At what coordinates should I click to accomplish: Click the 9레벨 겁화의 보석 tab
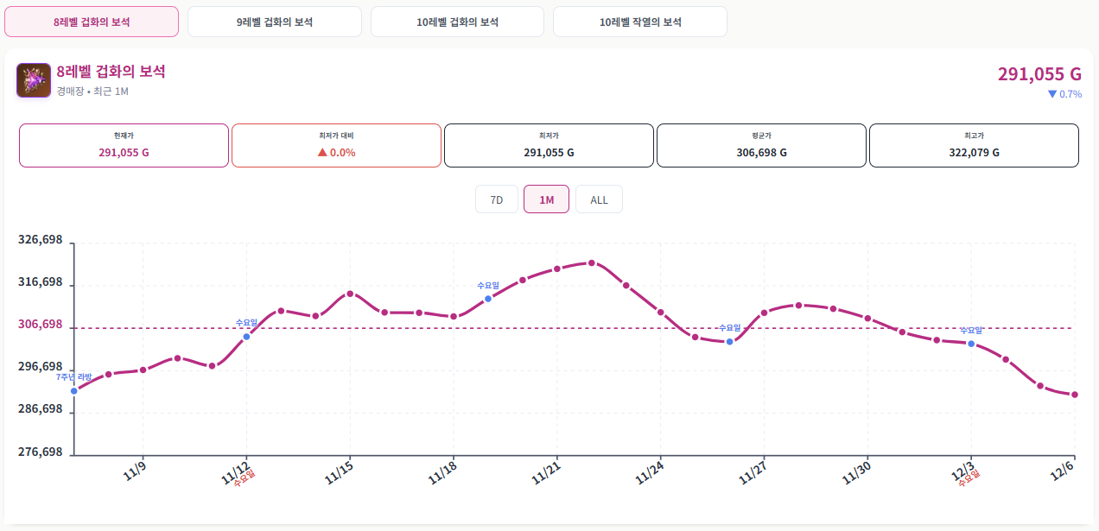coord(274,22)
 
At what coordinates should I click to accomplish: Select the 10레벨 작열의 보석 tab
coord(639,22)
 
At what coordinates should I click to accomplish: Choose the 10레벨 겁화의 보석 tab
coord(457,22)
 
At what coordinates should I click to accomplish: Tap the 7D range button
coord(497,199)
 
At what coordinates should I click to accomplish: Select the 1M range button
coord(546,199)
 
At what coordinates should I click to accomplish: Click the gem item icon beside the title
coord(33,80)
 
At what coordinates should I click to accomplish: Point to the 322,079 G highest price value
coord(973,152)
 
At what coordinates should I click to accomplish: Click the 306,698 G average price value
coord(761,152)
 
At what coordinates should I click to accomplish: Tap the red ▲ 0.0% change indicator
coord(337,152)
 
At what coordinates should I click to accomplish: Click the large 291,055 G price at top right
coord(1039,74)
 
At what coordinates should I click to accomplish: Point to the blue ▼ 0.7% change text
coord(1064,94)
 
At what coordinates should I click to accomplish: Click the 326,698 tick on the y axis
coord(41,240)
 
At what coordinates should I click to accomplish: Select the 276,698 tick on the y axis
coord(41,452)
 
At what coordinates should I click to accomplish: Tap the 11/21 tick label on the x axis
coord(547,472)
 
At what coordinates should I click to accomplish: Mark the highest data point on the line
coord(591,262)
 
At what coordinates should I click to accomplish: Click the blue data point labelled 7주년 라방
coord(74,391)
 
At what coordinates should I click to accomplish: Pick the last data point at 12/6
coord(1074,395)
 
